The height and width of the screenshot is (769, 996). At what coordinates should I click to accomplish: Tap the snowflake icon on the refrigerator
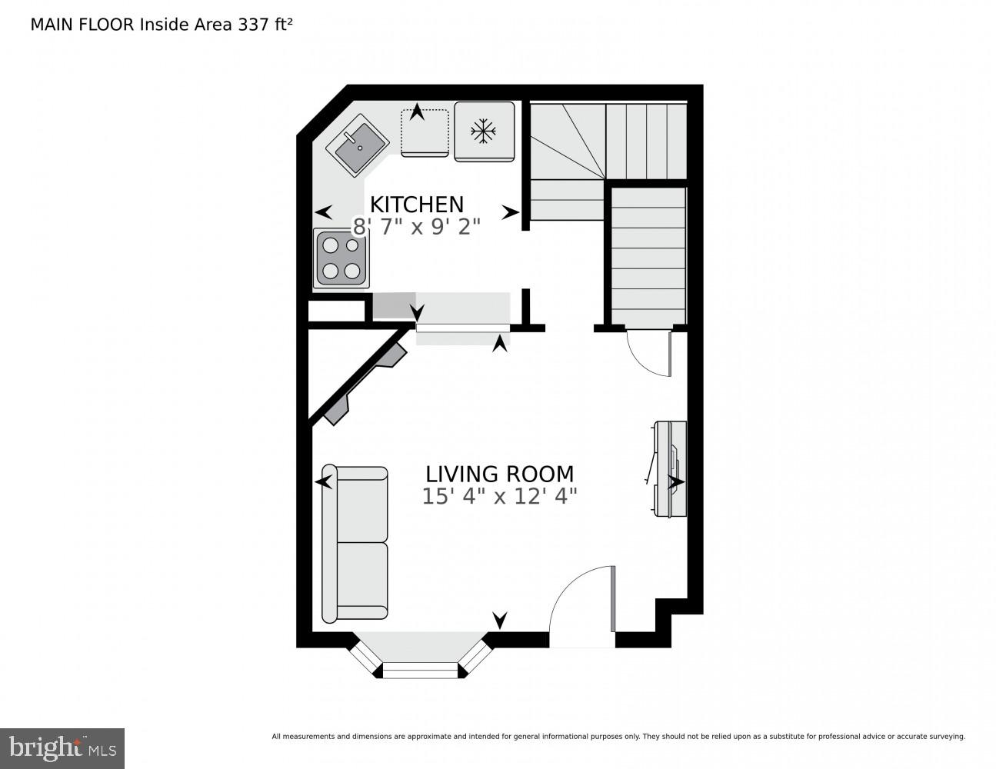tap(484, 131)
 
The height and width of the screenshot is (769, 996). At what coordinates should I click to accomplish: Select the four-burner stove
tap(341, 258)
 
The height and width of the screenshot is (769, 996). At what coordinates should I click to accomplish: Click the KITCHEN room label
tap(417, 205)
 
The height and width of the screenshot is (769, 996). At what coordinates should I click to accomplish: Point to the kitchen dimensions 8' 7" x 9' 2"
tap(417, 227)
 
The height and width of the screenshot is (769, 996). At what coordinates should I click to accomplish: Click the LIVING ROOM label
tap(499, 474)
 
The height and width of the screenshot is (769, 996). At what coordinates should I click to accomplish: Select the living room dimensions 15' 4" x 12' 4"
tap(499, 497)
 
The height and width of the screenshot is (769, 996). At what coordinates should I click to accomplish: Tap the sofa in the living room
tap(355, 543)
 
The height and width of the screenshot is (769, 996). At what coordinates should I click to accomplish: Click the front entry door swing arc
tap(578, 600)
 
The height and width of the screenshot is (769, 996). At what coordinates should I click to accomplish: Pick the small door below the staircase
tap(651, 354)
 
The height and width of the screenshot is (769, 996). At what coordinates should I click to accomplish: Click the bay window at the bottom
tap(420, 660)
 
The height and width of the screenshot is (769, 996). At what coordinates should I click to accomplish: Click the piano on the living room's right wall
tap(669, 468)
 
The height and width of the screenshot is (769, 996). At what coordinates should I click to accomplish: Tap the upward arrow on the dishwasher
tap(417, 112)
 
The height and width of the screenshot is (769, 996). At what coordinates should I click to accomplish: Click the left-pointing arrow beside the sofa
tap(323, 482)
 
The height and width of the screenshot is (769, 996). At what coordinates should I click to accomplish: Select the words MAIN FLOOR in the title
tap(82, 24)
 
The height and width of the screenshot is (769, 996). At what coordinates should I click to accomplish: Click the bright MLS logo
tap(62, 747)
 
